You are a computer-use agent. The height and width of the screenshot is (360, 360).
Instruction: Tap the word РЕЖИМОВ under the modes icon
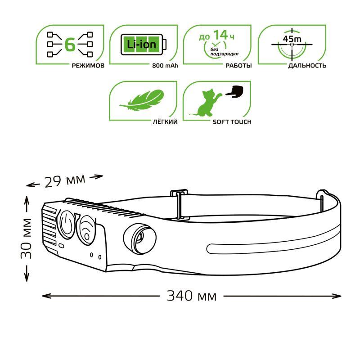[x=88, y=66]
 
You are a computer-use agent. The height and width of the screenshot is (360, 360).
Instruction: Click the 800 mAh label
[x=165, y=66]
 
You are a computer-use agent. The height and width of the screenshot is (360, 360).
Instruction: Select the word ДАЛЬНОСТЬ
[x=307, y=66]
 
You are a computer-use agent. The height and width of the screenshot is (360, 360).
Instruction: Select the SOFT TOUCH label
[x=232, y=122]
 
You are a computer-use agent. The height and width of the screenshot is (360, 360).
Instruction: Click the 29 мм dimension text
[x=65, y=180]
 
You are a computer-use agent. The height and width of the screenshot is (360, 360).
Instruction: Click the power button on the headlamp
[x=66, y=224]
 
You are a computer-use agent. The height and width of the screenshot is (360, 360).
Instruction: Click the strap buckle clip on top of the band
[x=179, y=205]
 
